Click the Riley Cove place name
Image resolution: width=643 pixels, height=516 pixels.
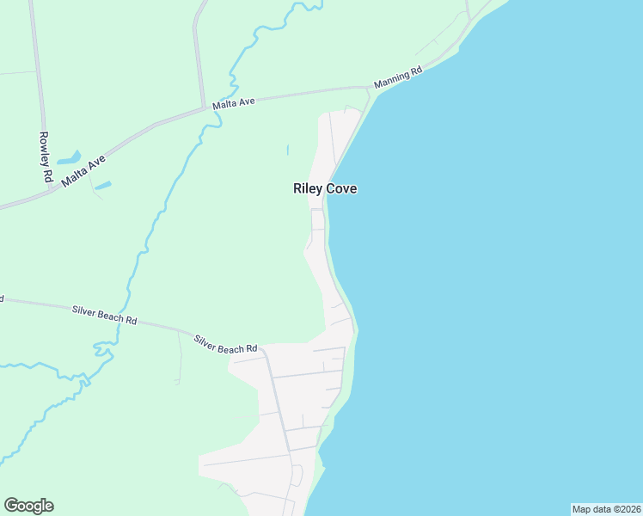(325, 188)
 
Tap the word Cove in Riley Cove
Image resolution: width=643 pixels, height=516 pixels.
(341, 188)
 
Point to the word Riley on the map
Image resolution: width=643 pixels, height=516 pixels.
(309, 188)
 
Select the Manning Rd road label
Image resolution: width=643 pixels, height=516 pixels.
(398, 75)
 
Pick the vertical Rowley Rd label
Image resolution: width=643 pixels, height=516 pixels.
(46, 157)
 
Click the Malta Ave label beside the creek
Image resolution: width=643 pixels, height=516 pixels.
(235, 102)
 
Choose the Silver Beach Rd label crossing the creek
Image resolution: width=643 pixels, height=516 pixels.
(105, 314)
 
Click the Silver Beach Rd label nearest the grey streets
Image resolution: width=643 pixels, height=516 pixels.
(225, 343)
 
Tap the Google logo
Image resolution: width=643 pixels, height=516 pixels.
(28, 506)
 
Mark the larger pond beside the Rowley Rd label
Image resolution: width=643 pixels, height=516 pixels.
(69, 158)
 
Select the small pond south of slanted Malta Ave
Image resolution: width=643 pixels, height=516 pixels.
(103, 185)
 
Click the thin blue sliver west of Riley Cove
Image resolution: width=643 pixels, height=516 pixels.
(287, 150)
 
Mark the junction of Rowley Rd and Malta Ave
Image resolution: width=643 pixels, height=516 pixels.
(52, 190)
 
